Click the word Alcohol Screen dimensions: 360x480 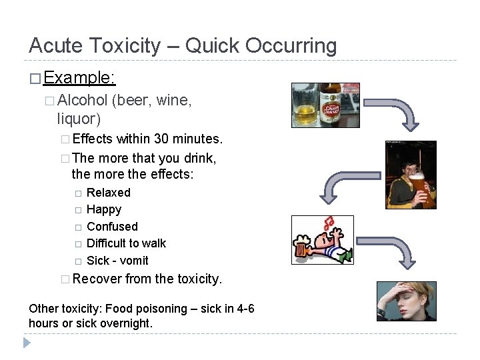pyautogui.click(x=83, y=101)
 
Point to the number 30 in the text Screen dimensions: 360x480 pyautogui.click(x=161, y=139)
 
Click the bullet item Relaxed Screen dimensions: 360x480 pyautogui.click(x=109, y=193)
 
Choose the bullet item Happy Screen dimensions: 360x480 pyautogui.click(x=104, y=209)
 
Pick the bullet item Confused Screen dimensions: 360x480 pyautogui.click(x=112, y=227)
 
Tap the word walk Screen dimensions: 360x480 pyautogui.click(x=154, y=243)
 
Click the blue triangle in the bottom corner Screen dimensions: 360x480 pyautogui.click(x=27, y=343)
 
